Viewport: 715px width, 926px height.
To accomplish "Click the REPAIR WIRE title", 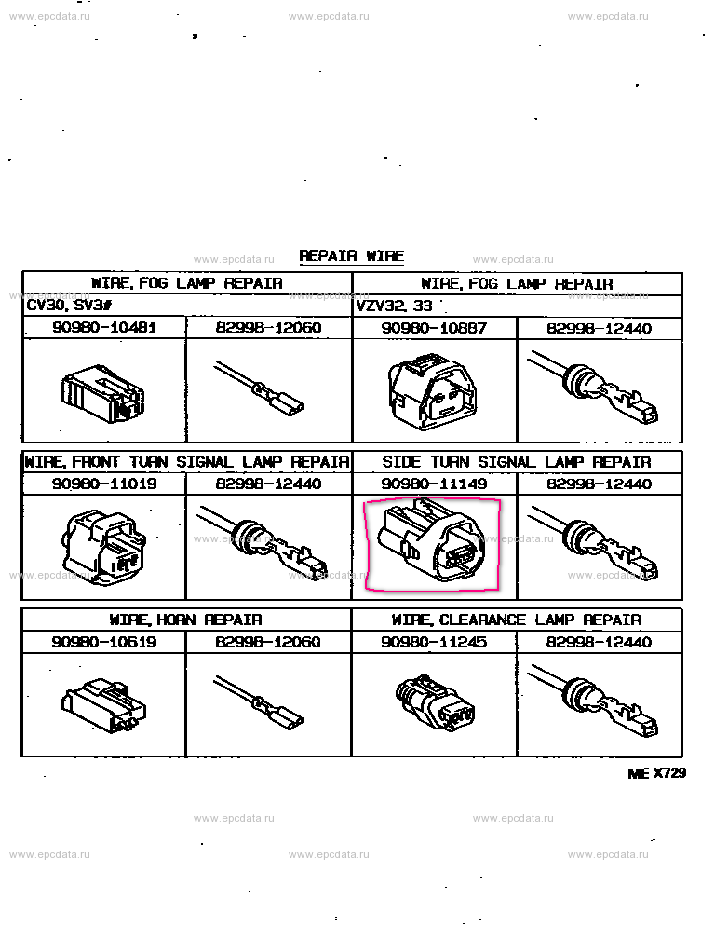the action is pos(351,255).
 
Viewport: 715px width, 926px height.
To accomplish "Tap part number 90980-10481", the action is pos(104,327).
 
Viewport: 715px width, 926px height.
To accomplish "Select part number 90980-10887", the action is pos(434,328).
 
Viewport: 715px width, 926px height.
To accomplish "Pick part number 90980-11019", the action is pos(104,483).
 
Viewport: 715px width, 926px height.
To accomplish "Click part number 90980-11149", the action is pos(434,483).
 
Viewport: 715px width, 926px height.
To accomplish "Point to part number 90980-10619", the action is pos(104,641).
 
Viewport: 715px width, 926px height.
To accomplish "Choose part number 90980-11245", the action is pos(434,641).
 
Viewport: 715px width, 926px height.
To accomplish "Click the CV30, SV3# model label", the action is pos(69,306).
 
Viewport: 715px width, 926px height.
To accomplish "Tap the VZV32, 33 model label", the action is pos(395,306).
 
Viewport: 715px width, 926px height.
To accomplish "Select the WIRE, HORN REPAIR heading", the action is pos(185,620).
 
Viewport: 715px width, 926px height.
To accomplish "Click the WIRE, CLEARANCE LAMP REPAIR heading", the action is pos(517,620).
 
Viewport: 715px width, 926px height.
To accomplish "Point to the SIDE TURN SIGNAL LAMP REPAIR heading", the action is pos(517,462).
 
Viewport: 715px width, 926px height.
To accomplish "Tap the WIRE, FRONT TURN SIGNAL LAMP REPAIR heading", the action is pos(186,462).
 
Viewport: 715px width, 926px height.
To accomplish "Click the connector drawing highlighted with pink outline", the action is pos(432,541).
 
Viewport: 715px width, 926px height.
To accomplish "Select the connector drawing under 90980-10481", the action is pos(102,393).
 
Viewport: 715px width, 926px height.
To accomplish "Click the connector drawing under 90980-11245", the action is pos(435,702).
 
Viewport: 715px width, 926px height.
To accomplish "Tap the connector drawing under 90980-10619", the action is pos(103,706).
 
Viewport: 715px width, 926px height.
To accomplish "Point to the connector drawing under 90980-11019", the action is pos(104,547).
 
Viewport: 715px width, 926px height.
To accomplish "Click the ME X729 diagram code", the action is pos(656,773).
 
